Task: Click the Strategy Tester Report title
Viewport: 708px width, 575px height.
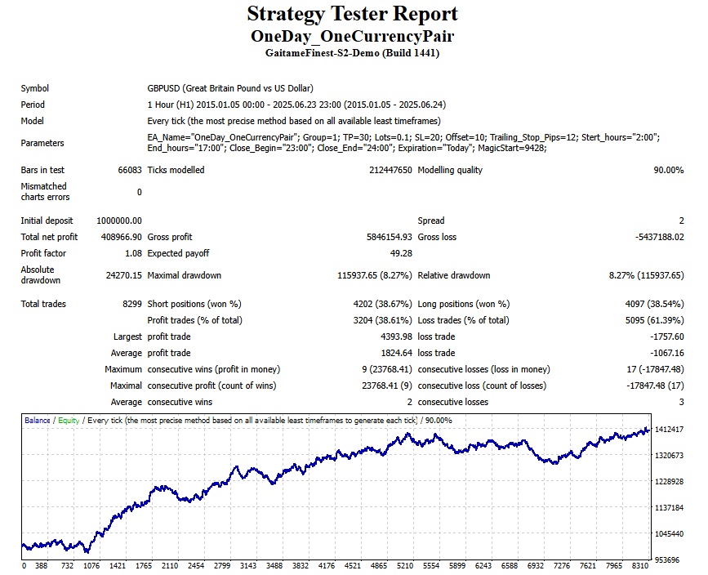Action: click(352, 14)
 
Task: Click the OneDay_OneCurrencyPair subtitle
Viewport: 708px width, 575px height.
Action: click(352, 36)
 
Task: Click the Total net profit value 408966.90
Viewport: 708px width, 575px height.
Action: click(120, 237)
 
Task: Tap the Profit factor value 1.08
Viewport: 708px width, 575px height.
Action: click(131, 253)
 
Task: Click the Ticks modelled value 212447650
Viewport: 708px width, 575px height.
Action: click(390, 170)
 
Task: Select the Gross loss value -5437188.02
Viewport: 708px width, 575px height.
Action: click(654, 237)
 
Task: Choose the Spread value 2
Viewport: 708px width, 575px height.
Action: click(681, 221)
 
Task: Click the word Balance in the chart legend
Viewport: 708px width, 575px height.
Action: click(37, 421)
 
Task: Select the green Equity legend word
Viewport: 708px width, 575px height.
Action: click(69, 421)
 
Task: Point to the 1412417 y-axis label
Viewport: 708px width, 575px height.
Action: click(669, 430)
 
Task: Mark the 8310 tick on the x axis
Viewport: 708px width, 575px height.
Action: click(639, 565)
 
